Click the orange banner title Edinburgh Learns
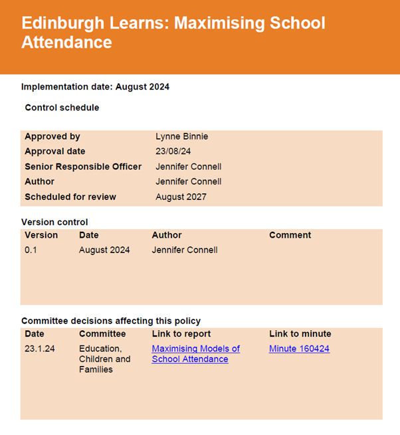(173, 33)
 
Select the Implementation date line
(95, 86)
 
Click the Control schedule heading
(62, 108)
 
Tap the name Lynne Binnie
(181, 136)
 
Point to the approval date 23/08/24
(173, 151)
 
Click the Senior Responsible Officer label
(83, 167)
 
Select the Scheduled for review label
(70, 197)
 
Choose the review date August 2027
(181, 197)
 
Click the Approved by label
(52, 136)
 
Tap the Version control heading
(54, 222)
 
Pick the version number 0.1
(31, 250)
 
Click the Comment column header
(290, 235)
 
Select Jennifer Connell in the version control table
(184, 250)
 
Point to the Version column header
(41, 235)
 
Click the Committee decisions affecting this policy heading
(111, 321)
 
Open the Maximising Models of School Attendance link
(195, 354)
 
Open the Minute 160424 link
(299, 349)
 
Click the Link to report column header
(181, 334)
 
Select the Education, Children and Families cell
(104, 359)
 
